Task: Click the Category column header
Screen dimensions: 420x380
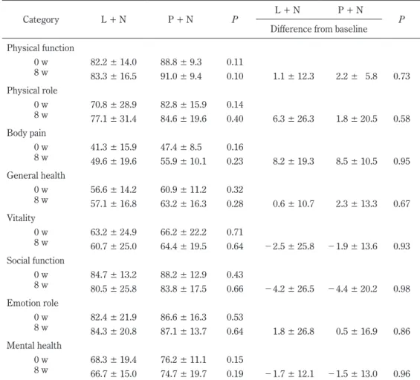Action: [41, 20]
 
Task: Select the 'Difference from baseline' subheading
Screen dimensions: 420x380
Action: [319, 29]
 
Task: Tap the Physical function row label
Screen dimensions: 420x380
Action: [40, 47]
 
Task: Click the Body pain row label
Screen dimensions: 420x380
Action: [26, 133]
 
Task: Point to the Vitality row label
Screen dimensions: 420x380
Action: [21, 218]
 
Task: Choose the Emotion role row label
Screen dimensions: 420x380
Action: [33, 303]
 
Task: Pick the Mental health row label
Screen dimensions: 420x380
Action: [34, 346]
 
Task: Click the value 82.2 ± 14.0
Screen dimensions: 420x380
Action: [114, 62]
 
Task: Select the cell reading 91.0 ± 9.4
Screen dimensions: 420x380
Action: [181, 76]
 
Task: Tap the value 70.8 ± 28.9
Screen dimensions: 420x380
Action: [114, 105]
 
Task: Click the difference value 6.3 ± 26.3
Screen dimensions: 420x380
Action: [294, 119]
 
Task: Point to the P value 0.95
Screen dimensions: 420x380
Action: [401, 161]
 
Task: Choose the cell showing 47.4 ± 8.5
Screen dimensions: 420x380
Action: [181, 147]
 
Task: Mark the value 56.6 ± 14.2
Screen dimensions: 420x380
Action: [114, 189]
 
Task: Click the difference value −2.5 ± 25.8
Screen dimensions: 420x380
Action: [290, 246]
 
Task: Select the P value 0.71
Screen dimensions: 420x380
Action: [235, 232]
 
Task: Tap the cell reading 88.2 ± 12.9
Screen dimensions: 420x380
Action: [184, 275]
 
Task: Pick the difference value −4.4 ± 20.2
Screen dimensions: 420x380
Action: [353, 289]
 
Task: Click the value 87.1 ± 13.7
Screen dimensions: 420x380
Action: [184, 331]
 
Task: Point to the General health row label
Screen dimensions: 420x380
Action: [36, 175]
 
